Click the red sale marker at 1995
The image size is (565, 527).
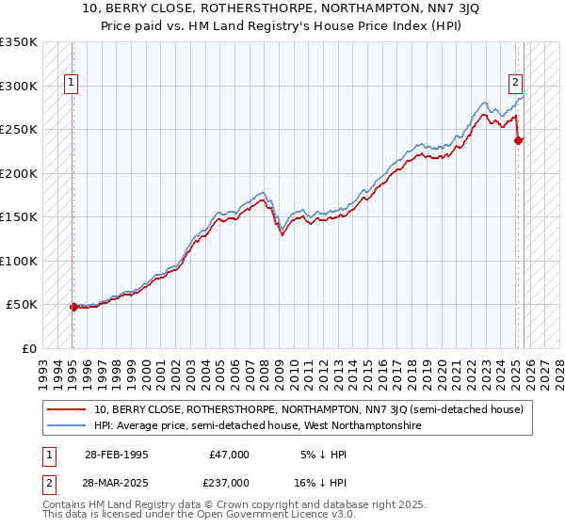[73, 307]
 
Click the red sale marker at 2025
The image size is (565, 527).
[518, 141]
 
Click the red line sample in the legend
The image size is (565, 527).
[68, 409]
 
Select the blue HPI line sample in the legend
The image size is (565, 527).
[68, 426]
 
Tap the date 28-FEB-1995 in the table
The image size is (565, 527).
[116, 455]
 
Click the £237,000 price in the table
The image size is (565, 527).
[229, 483]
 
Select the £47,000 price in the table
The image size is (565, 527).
[229, 455]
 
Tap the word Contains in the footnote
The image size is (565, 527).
[66, 506]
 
